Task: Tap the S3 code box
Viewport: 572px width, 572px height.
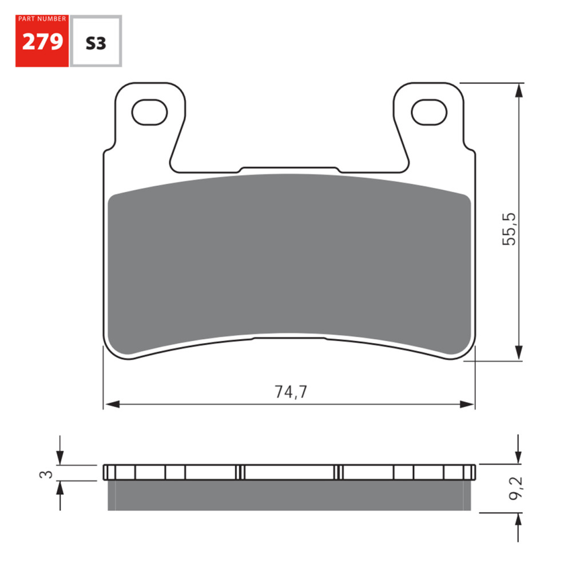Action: point(96,43)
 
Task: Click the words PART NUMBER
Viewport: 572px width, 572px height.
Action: point(42,19)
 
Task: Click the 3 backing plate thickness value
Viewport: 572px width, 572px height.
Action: point(49,474)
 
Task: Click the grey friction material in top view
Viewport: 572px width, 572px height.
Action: point(289,263)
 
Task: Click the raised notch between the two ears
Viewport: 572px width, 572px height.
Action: point(289,170)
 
